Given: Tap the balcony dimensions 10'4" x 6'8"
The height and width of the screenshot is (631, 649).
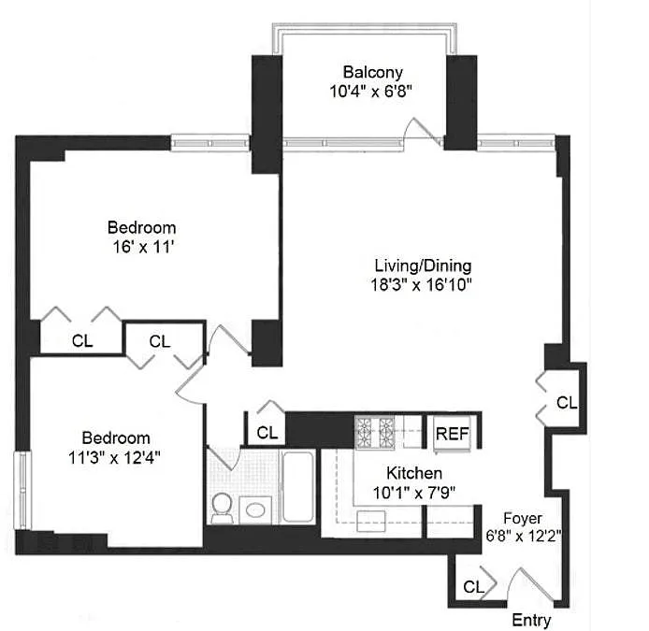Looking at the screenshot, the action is tap(371, 92).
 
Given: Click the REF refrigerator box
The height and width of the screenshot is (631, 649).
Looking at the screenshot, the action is tap(453, 434).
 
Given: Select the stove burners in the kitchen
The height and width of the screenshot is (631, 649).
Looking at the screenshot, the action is tap(376, 432).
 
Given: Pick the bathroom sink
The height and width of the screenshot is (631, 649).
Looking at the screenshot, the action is tap(253, 510).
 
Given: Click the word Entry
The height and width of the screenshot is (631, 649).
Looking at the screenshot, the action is tap(532, 621).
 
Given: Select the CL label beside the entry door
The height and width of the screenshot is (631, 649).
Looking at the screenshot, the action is tap(473, 587).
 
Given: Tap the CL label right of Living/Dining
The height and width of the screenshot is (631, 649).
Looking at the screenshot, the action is tap(567, 403).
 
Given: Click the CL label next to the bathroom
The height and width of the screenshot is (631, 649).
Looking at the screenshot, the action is tap(267, 433).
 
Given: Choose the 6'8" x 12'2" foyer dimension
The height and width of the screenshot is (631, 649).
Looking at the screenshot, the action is tap(523, 536).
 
